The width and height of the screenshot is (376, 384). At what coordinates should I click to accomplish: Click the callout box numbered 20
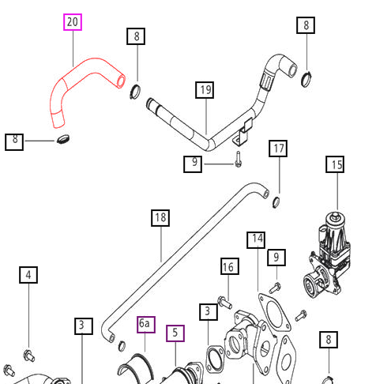pyautogui.click(x=73, y=22)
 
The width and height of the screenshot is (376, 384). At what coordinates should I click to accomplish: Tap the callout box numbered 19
pyautogui.click(x=205, y=90)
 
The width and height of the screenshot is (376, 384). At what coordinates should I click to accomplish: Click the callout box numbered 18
pyautogui.click(x=160, y=218)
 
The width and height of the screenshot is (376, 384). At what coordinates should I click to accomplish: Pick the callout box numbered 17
pyautogui.click(x=278, y=149)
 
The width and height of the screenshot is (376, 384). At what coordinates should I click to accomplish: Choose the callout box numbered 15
pyautogui.click(x=335, y=164)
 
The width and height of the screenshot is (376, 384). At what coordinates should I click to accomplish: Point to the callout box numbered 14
pyautogui.click(x=256, y=240)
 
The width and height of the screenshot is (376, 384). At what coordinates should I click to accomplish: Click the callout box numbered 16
pyautogui.click(x=230, y=266)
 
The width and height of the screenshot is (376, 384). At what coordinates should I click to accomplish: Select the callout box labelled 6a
pyautogui.click(x=146, y=325)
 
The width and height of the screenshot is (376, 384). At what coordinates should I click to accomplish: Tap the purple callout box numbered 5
pyautogui.click(x=175, y=333)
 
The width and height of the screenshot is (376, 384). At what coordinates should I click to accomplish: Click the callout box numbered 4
pyautogui.click(x=28, y=275)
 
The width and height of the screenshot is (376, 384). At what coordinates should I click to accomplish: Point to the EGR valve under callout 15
pyautogui.click(x=327, y=255)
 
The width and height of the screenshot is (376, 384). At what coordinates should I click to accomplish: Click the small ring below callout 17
pyautogui.click(x=276, y=202)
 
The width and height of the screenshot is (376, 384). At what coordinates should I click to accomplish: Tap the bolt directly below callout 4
pyautogui.click(x=29, y=356)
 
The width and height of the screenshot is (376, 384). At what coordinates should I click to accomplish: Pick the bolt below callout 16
pyautogui.click(x=225, y=302)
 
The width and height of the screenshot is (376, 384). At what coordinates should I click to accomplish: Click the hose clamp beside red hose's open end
pyautogui.click(x=135, y=91)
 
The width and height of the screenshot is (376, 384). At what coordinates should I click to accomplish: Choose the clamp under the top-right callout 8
pyautogui.click(x=306, y=78)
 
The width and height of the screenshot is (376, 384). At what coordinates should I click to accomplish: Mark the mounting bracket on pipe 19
pyautogui.click(x=243, y=133)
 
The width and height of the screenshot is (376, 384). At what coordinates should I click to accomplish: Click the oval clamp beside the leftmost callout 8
pyautogui.click(x=63, y=139)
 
